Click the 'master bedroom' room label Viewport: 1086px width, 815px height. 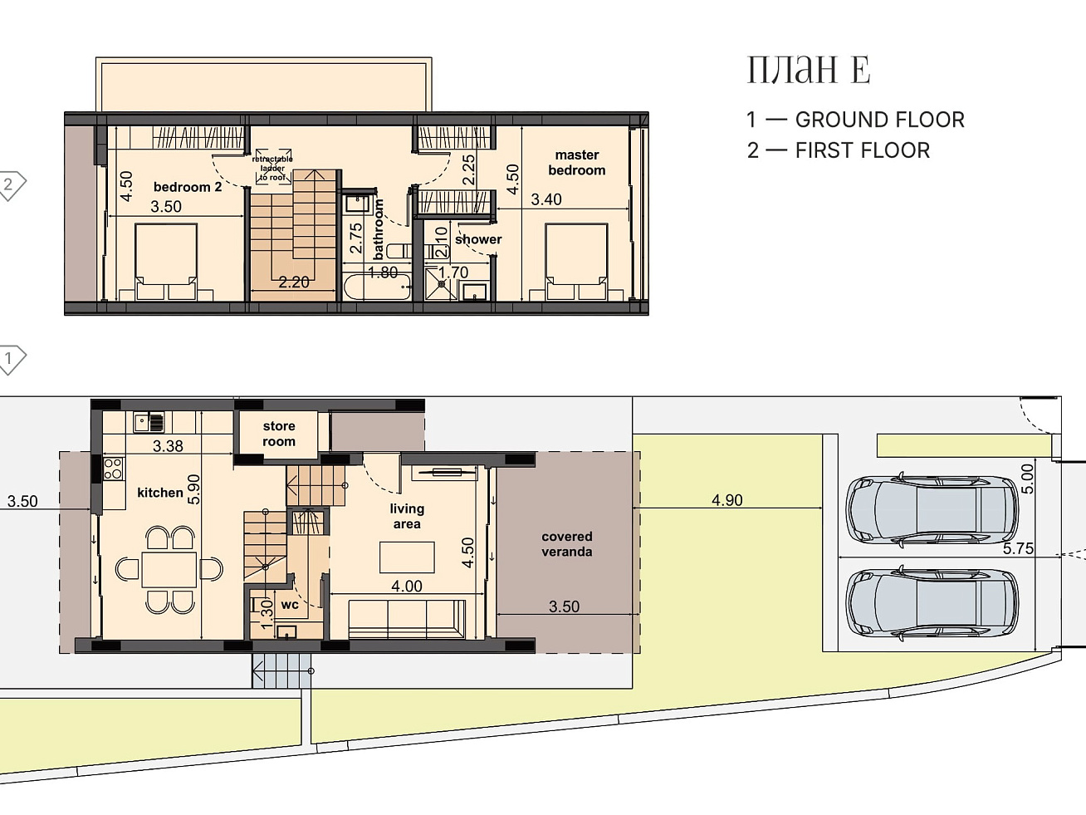tap(577, 162)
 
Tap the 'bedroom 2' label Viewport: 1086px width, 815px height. tap(188, 187)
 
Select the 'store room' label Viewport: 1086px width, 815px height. tap(279, 434)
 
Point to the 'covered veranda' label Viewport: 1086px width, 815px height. tap(566, 544)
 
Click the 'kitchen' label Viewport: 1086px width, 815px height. tap(160, 493)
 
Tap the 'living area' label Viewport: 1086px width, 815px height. tap(407, 516)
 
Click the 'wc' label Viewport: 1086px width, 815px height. tap(290, 605)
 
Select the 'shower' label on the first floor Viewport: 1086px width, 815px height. tap(478, 239)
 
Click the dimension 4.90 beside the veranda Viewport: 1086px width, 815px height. tap(726, 500)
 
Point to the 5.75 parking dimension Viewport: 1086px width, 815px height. tap(1018, 548)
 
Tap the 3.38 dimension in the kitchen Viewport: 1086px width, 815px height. tap(168, 446)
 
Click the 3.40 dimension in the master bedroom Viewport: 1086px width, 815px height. tap(546, 199)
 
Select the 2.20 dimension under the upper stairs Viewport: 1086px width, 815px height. tap(294, 282)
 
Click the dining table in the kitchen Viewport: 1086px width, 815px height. tap(169, 570)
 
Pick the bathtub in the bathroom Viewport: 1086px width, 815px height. tap(378, 287)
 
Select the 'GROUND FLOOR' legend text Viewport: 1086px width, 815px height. tap(880, 120)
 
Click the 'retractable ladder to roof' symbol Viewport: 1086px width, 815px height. tap(273, 167)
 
